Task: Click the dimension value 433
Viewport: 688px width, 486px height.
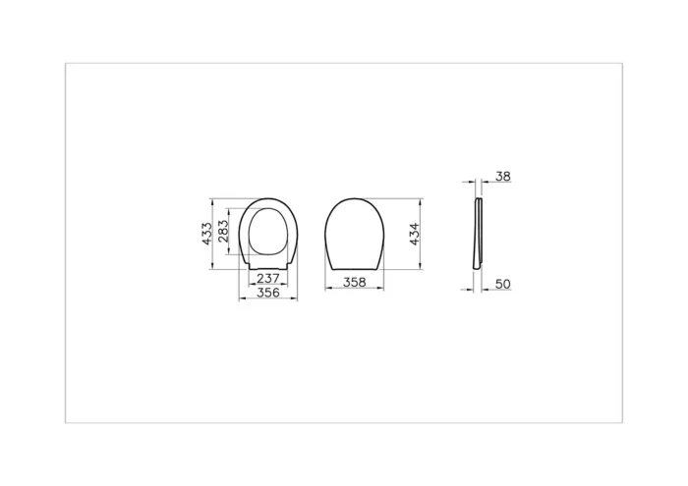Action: (x=207, y=234)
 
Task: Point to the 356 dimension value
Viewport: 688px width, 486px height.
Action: (x=267, y=292)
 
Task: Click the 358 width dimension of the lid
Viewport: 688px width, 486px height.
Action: (x=354, y=282)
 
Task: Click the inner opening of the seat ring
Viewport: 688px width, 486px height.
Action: (x=267, y=233)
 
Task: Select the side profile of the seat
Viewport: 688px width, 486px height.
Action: (x=479, y=234)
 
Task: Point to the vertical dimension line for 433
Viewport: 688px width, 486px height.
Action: (x=215, y=234)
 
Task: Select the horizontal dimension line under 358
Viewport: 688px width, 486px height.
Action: (x=354, y=290)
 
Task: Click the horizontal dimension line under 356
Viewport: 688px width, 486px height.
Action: (x=267, y=299)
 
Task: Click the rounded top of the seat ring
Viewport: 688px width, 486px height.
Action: (x=267, y=200)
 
